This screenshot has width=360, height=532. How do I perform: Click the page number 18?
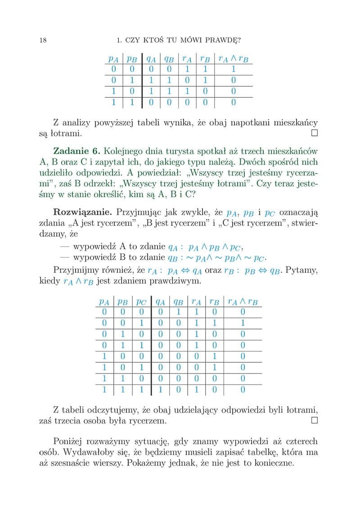point(44,41)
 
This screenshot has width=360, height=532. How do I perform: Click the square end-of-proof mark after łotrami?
point(314,133)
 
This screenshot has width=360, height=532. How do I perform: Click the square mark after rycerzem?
point(314,421)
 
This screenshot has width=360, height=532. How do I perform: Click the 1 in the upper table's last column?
point(233,70)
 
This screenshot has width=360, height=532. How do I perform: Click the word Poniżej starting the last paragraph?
point(69,441)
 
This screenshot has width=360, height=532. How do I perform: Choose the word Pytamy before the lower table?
point(303,270)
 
